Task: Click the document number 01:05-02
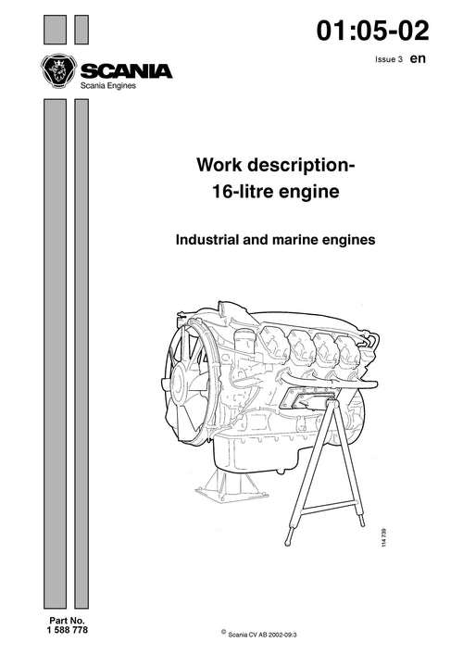[x=372, y=31]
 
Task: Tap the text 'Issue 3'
[x=389, y=59]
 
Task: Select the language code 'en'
[x=418, y=58]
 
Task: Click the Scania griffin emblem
[x=59, y=71]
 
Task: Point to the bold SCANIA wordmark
[x=126, y=71]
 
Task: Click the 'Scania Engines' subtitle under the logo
[x=108, y=85]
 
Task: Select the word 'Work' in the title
[x=219, y=165]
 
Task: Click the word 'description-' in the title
[x=302, y=166]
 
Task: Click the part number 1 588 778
[x=68, y=629]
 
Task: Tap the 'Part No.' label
[x=67, y=621]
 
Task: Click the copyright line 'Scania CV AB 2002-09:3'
[x=262, y=635]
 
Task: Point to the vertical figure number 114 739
[x=383, y=537]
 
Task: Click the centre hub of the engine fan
[x=179, y=382]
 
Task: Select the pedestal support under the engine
[x=232, y=484]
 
